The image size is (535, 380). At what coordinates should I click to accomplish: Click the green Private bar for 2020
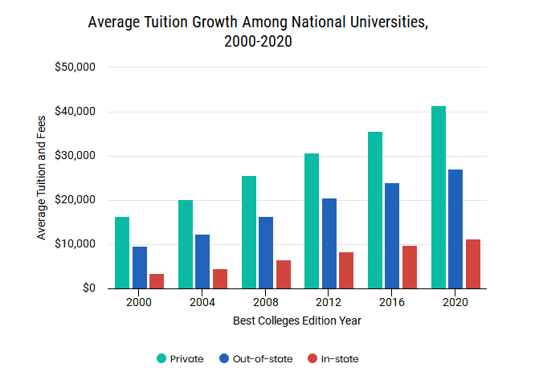click(439, 197)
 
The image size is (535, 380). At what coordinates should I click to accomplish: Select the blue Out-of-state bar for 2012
click(329, 243)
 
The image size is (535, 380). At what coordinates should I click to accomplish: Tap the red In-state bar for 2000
click(157, 281)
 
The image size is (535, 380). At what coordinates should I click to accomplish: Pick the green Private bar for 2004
click(186, 244)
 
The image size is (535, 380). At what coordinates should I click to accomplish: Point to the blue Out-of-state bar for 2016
click(392, 235)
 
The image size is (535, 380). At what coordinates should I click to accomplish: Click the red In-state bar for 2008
click(284, 274)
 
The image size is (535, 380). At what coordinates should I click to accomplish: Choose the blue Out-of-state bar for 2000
click(140, 268)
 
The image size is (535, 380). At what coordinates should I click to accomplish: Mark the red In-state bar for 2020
click(473, 264)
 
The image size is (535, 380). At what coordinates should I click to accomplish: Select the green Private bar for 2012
click(312, 221)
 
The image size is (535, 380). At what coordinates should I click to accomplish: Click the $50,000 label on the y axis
click(75, 67)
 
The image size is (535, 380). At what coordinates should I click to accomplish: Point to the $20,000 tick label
click(75, 200)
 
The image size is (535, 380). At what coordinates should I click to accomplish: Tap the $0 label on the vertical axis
click(89, 288)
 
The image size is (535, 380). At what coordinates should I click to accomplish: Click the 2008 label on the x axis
click(265, 302)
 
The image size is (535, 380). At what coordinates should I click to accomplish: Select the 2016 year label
click(392, 302)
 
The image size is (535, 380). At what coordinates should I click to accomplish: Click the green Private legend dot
click(161, 358)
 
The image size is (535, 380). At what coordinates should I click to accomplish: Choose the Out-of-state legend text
click(263, 359)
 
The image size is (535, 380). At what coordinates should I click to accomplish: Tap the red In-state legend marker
click(312, 358)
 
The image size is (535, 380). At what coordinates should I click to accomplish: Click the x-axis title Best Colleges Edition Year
click(297, 321)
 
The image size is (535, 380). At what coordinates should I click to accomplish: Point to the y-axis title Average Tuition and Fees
click(41, 178)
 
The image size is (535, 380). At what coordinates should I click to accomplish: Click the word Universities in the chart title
click(389, 22)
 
